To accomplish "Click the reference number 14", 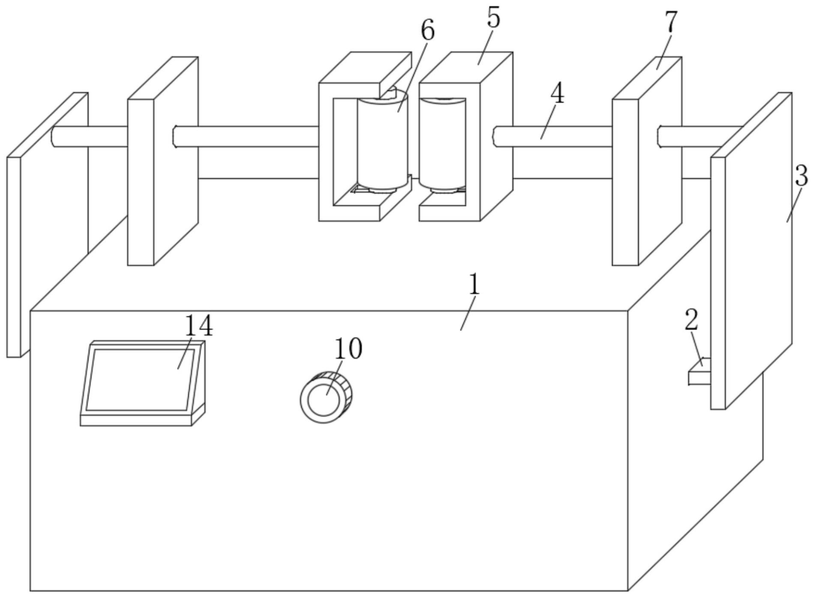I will (198, 326).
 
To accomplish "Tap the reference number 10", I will (348, 349).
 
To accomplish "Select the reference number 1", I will (474, 284).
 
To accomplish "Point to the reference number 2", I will (691, 320).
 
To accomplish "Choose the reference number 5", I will (493, 18).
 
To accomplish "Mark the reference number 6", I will (427, 31).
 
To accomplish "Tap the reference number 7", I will (671, 22).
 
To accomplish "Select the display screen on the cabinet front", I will (139, 379).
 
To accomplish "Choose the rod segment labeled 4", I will (553, 137).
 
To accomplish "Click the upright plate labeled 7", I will (626, 180).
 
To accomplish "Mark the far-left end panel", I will (14, 257).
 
